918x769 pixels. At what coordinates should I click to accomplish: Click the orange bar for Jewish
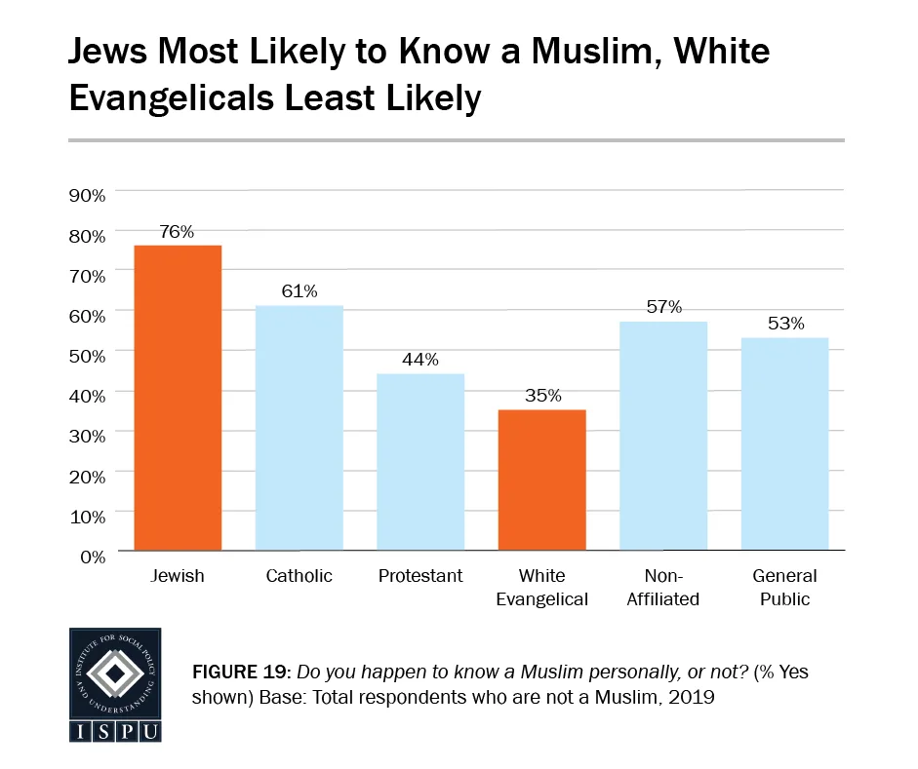click(x=178, y=398)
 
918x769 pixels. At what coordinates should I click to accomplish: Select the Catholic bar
click(x=299, y=428)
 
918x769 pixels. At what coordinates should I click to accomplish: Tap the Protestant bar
click(x=420, y=462)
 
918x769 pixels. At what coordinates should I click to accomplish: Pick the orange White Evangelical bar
click(x=541, y=480)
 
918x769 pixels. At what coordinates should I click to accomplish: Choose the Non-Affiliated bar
click(x=663, y=436)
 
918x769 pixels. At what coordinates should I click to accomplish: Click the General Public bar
click(x=784, y=443)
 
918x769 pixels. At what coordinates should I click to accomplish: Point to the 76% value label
click(x=178, y=232)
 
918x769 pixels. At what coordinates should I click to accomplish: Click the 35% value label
click(x=541, y=396)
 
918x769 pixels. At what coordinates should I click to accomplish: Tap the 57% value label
click(x=663, y=308)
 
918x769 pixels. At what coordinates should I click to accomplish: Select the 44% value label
click(x=420, y=360)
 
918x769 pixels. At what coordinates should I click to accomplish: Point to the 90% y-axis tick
click(x=88, y=195)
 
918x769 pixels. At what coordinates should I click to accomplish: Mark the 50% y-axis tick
click(x=88, y=356)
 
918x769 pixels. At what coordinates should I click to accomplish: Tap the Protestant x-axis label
click(x=420, y=576)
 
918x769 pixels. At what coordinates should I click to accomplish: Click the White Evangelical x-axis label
click(x=541, y=588)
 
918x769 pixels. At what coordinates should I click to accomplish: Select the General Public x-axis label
click(x=784, y=588)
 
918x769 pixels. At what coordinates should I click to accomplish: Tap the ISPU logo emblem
click(x=115, y=673)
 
